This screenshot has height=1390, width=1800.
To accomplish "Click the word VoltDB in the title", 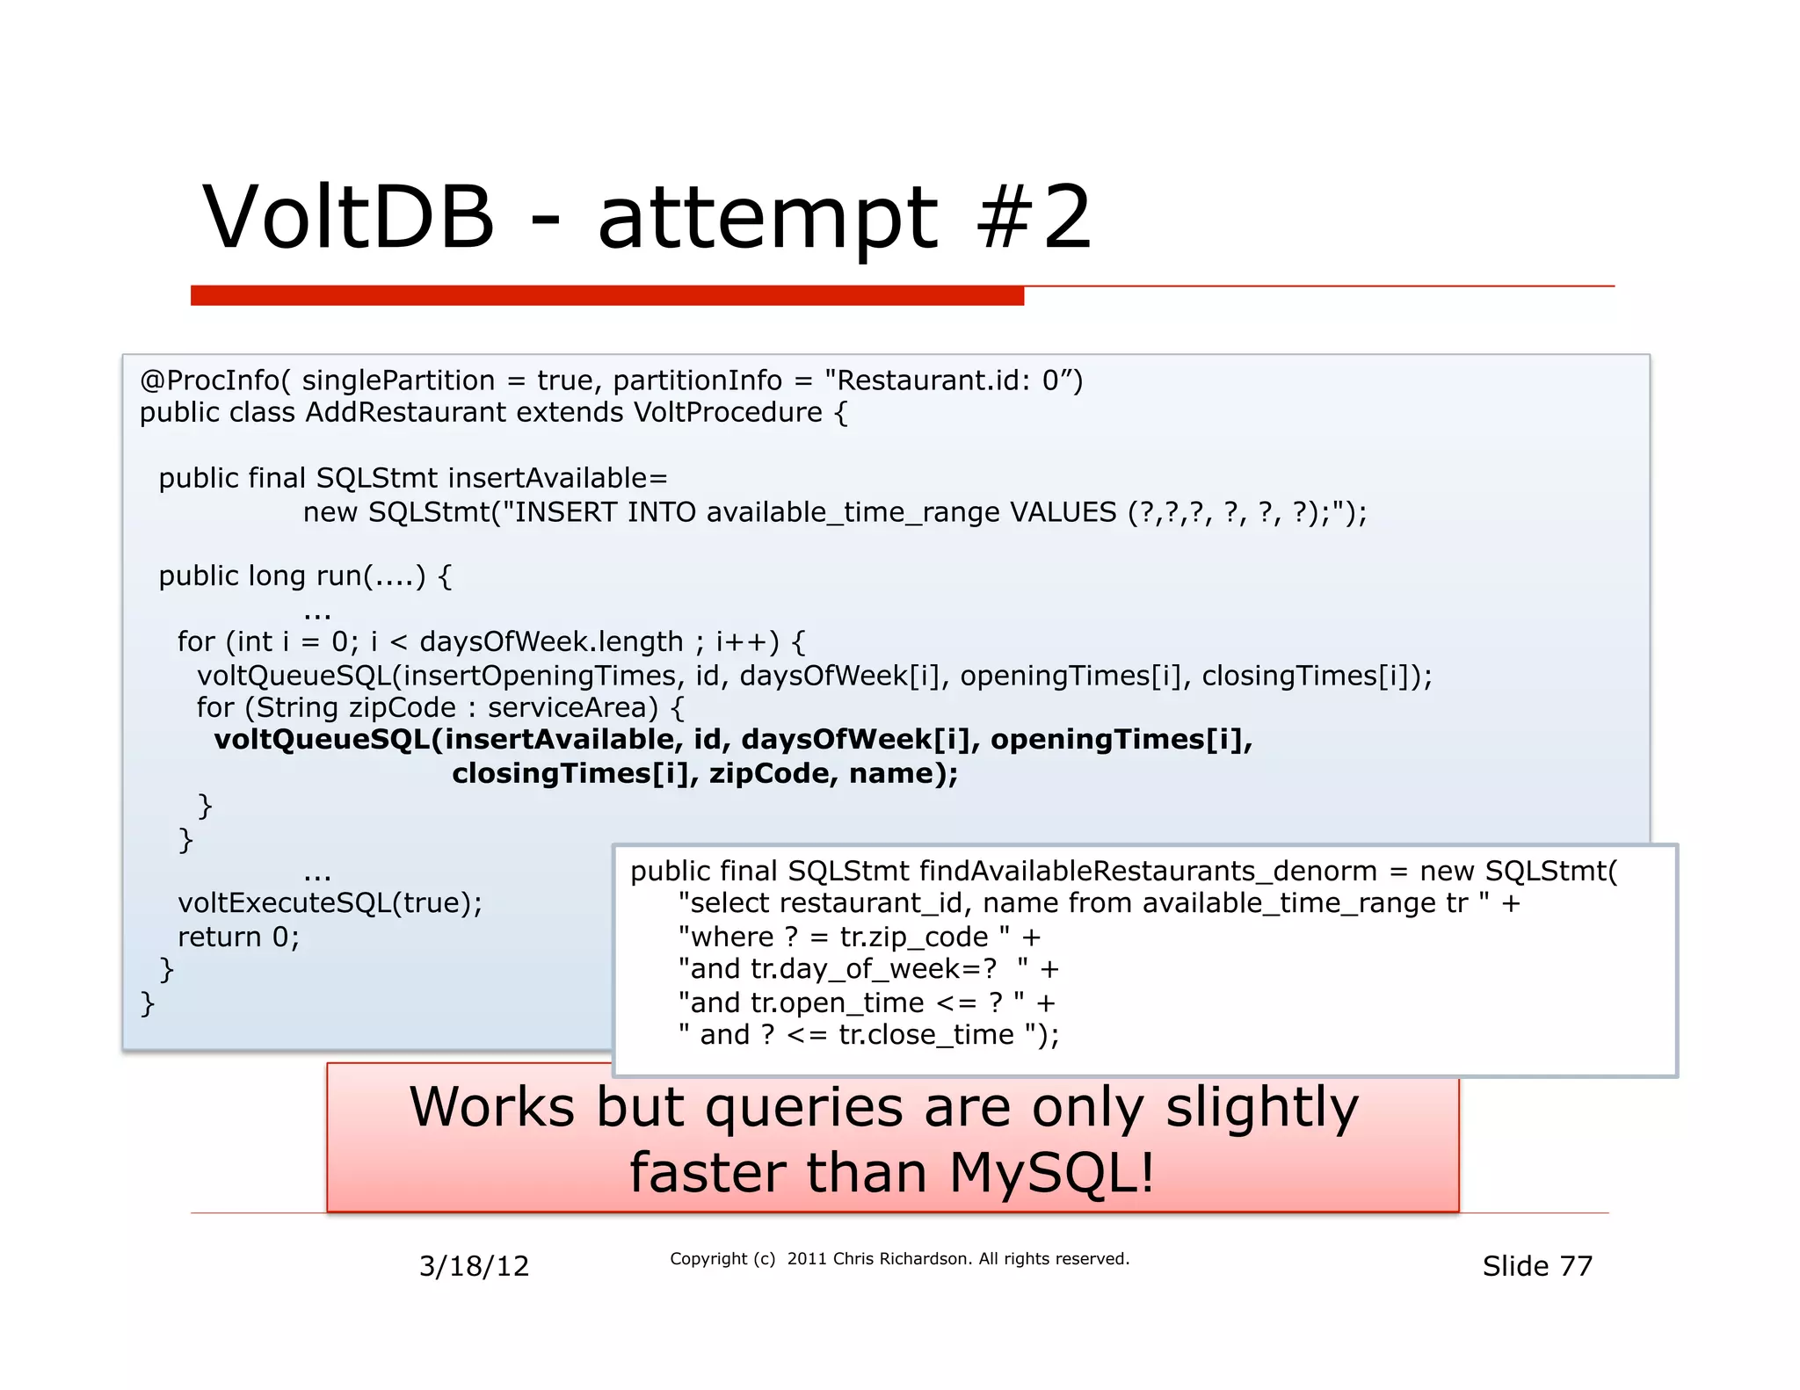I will [349, 218].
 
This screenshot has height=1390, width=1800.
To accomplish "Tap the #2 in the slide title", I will [1034, 218].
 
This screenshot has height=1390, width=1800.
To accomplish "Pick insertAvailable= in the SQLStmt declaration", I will [557, 478].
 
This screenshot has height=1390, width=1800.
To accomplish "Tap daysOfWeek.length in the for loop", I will [551, 641].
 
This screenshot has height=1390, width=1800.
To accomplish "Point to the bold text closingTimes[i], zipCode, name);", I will [704, 773].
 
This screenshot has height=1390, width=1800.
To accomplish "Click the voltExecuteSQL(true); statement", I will [330, 902].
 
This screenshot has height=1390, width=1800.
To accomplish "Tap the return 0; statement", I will [238, 937].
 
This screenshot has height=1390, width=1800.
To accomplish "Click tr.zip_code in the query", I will [914, 937].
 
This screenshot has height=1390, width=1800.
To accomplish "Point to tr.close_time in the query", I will [925, 1034].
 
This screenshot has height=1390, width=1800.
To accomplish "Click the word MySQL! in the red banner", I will [1051, 1172].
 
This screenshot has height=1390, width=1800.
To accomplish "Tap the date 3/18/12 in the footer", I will [474, 1266].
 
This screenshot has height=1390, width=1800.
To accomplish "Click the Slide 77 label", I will [1536, 1266].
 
